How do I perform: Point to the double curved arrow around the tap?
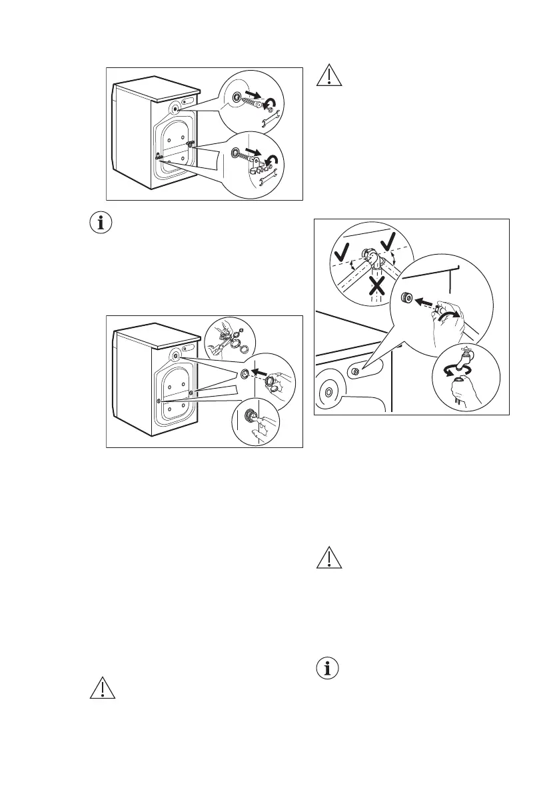click(x=460, y=367)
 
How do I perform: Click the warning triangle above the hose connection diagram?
click(x=328, y=75)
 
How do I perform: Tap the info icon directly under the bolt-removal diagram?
click(x=101, y=223)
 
